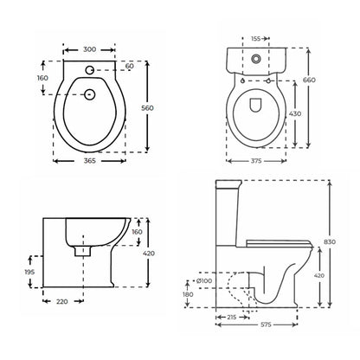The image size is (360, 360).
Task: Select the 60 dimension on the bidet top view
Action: coord(130,65)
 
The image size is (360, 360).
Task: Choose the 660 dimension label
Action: coord(322,81)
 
